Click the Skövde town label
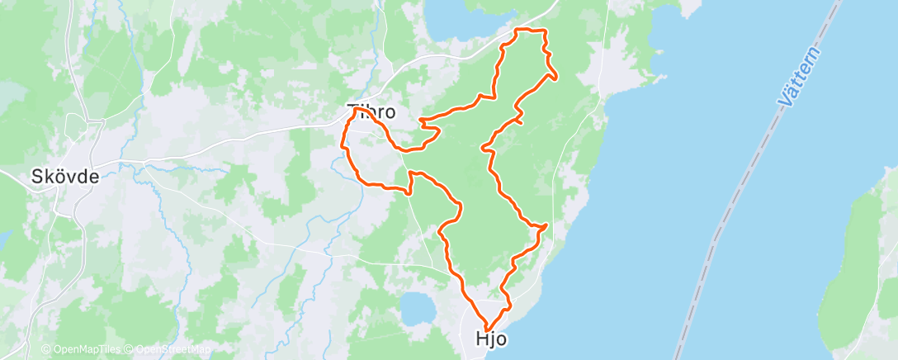(64, 176)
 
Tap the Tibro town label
(371, 111)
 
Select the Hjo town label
(491, 339)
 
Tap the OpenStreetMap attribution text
(172, 349)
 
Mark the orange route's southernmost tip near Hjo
(488, 327)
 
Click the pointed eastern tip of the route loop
(556, 77)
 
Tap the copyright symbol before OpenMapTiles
(45, 349)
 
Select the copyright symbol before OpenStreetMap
(130, 349)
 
